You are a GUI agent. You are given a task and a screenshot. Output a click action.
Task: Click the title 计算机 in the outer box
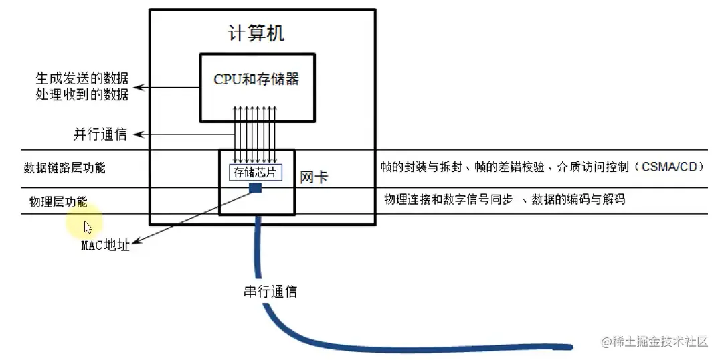(256, 33)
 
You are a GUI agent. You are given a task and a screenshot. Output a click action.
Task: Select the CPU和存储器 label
(256, 79)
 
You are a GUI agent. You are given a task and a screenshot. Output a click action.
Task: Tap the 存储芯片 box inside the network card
(256, 173)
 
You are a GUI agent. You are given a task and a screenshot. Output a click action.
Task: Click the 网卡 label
(313, 177)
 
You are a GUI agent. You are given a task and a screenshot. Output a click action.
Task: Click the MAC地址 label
(105, 245)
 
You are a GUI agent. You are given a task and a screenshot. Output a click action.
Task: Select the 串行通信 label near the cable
(270, 291)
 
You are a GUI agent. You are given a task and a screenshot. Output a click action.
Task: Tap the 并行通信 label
(100, 134)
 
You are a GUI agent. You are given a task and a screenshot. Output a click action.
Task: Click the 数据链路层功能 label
(64, 168)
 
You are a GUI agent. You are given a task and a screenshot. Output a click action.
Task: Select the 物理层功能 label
(58, 201)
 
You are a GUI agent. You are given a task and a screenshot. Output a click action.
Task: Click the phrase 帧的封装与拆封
(421, 167)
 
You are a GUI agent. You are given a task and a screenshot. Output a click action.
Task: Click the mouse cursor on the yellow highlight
(88, 226)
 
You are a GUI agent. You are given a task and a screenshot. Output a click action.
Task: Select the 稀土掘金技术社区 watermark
(654, 342)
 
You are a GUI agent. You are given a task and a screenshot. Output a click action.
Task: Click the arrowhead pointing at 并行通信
(137, 134)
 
